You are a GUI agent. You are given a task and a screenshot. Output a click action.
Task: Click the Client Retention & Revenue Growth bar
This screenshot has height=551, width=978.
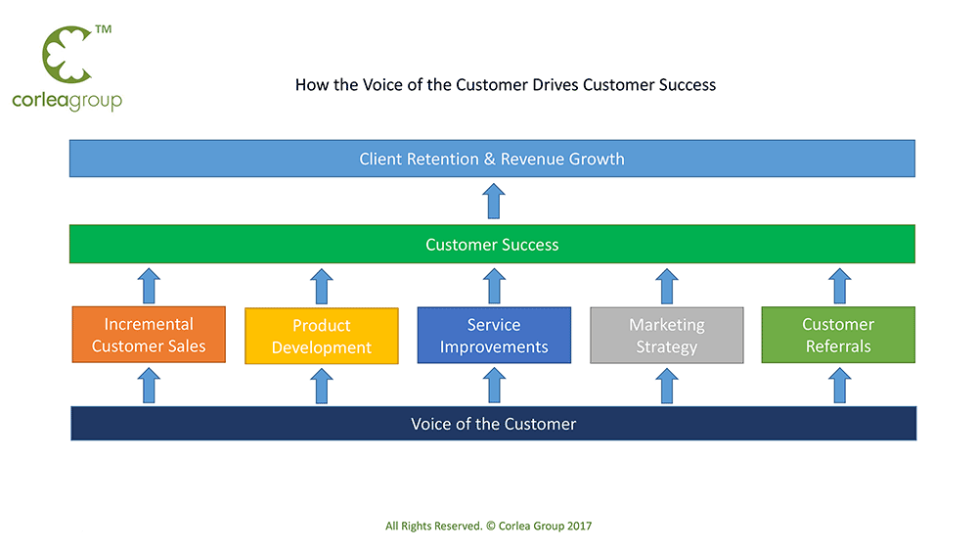pyautogui.click(x=492, y=159)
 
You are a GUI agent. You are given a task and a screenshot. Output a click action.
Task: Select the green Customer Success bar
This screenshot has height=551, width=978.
pyautogui.click(x=492, y=244)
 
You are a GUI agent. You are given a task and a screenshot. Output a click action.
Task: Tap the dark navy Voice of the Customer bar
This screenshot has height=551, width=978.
pyautogui.click(x=493, y=424)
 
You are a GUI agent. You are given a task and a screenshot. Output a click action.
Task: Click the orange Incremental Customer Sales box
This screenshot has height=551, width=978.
pyautogui.click(x=149, y=335)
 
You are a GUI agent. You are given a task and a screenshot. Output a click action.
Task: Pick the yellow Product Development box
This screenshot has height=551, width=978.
pyautogui.click(x=322, y=336)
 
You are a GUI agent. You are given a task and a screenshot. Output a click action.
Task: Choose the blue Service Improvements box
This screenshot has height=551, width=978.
pyautogui.click(x=494, y=335)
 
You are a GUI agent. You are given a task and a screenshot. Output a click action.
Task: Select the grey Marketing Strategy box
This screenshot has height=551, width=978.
pyautogui.click(x=667, y=335)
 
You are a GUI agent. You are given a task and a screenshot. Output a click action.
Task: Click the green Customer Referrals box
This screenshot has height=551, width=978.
pyautogui.click(x=838, y=335)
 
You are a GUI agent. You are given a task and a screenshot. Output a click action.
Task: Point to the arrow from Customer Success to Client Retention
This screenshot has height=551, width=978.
pyautogui.click(x=493, y=201)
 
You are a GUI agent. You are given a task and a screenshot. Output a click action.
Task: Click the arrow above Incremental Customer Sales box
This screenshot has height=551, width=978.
pyautogui.click(x=149, y=286)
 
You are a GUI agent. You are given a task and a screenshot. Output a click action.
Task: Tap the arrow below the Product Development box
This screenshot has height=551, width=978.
pyautogui.click(x=322, y=386)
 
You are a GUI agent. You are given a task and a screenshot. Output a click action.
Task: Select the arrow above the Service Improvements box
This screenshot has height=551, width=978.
pyautogui.click(x=494, y=286)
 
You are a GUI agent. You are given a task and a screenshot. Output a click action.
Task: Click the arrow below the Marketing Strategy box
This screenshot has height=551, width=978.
pyautogui.click(x=667, y=386)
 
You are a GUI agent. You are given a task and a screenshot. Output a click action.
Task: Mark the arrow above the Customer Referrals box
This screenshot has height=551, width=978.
pyautogui.click(x=839, y=286)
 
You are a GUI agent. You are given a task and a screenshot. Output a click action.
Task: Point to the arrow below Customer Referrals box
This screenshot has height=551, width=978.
pyautogui.click(x=839, y=386)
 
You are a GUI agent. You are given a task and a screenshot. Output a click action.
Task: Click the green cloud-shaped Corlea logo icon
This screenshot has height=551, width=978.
pyautogui.click(x=67, y=55)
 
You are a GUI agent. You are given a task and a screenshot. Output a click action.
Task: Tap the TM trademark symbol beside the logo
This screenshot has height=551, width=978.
pyautogui.click(x=104, y=29)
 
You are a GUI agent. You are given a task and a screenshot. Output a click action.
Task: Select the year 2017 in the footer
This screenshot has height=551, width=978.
pyautogui.click(x=579, y=526)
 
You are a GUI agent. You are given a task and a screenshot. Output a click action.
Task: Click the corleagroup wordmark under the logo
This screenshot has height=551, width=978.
pyautogui.click(x=67, y=101)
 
